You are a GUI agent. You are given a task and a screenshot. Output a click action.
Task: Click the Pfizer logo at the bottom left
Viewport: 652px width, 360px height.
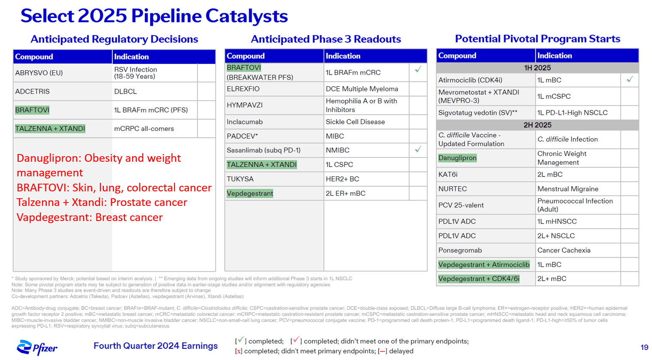point(36,347)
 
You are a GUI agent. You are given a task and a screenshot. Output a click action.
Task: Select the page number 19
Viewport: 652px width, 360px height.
point(644,347)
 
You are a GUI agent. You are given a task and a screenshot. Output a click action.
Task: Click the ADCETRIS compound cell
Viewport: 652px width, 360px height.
point(33,91)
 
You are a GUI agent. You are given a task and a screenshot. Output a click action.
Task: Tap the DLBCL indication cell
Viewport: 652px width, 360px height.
point(125,91)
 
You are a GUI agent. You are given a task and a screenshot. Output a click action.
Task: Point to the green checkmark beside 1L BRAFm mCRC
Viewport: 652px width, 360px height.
point(418,70)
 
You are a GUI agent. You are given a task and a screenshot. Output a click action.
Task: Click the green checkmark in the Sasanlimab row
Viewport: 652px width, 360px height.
point(418,149)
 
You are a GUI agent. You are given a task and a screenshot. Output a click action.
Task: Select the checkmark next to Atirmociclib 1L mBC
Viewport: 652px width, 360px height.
point(629,79)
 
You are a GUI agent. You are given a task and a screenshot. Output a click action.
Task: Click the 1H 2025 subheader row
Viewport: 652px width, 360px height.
point(537,68)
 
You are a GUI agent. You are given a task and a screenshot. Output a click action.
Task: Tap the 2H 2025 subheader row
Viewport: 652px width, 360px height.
point(537,125)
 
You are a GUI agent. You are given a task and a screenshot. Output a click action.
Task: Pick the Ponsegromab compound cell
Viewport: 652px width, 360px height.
point(460,250)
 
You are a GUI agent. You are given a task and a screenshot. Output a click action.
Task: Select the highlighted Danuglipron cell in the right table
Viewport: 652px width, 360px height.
point(457,158)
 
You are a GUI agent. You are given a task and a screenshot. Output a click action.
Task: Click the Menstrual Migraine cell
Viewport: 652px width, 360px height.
point(567,189)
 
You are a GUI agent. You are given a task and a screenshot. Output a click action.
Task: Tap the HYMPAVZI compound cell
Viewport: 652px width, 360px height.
point(244,105)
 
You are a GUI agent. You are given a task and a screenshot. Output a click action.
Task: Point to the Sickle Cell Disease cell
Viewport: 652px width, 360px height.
point(355,122)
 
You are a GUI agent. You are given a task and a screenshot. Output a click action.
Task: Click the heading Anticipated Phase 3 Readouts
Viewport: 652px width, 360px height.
point(326,39)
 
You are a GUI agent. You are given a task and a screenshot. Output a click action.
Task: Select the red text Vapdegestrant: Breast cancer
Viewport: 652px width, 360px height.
point(90,217)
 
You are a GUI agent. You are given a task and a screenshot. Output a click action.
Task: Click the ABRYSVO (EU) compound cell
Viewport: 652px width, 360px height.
point(39,73)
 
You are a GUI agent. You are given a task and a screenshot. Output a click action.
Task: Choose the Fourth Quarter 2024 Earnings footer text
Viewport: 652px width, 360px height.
point(155,346)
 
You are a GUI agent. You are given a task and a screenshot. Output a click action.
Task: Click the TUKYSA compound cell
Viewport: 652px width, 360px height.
point(240,179)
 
